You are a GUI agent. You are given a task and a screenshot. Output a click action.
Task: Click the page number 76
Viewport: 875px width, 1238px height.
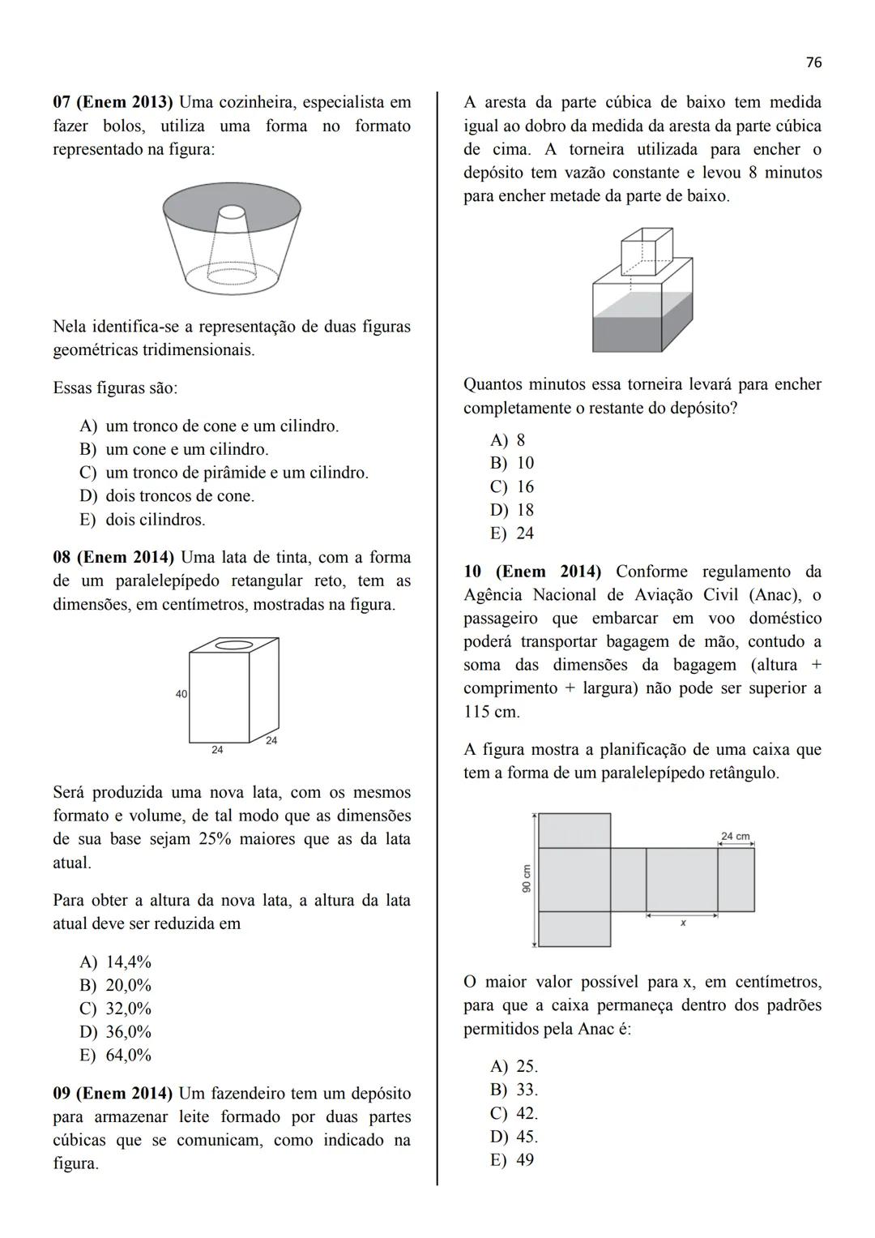pyautogui.click(x=813, y=62)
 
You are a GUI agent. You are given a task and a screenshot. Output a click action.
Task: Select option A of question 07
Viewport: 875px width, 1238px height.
pyautogui.click(x=209, y=426)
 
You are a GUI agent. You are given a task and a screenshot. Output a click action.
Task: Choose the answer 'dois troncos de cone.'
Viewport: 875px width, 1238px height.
pyautogui.click(x=180, y=496)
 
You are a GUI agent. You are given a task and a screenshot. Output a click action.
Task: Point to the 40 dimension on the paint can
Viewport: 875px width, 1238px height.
pyautogui.click(x=181, y=694)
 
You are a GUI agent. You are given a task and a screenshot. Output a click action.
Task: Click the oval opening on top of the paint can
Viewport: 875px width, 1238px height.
pyautogui.click(x=233, y=645)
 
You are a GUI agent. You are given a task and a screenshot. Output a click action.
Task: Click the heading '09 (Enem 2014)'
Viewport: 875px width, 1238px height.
pyautogui.click(x=113, y=1094)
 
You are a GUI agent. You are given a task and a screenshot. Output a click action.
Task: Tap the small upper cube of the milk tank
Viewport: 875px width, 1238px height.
pyautogui.click(x=646, y=251)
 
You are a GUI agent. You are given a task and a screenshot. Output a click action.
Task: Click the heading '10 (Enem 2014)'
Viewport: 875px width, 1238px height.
pyautogui.click(x=532, y=572)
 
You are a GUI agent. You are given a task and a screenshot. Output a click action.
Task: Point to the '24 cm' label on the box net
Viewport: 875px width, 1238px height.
pyautogui.click(x=735, y=836)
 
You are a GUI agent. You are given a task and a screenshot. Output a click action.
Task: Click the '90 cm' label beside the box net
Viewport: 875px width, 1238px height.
pyautogui.click(x=527, y=879)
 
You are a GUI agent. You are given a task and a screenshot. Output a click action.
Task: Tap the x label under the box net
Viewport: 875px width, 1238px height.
pyautogui.click(x=683, y=923)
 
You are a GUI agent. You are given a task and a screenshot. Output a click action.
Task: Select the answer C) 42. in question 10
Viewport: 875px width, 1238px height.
pyautogui.click(x=514, y=1113)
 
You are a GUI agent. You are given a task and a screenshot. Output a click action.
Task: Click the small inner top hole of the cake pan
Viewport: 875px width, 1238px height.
pyautogui.click(x=232, y=212)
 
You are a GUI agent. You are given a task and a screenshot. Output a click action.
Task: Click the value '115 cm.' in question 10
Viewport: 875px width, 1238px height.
pyautogui.click(x=492, y=712)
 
